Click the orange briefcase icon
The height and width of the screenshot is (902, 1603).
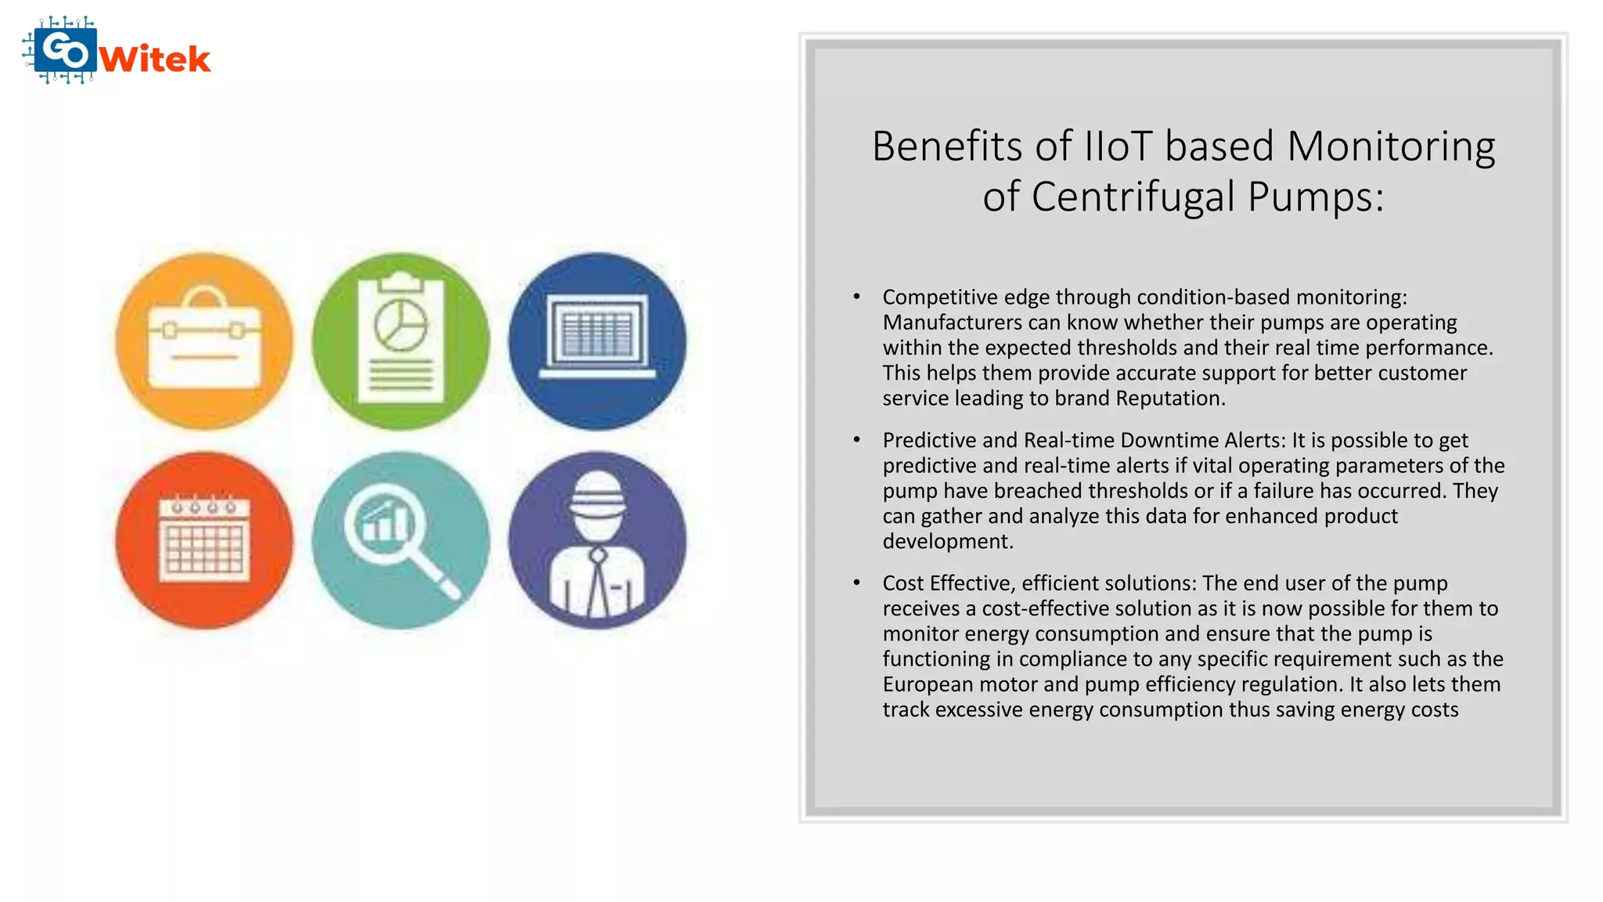tap(204, 341)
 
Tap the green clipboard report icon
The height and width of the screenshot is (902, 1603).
tap(401, 341)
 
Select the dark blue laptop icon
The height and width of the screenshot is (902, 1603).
tap(597, 341)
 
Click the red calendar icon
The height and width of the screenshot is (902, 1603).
tap(204, 540)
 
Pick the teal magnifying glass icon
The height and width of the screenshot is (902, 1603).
tap(401, 540)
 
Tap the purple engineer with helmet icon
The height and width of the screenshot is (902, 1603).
tap(597, 540)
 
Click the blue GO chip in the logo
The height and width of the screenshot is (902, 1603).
tap(66, 51)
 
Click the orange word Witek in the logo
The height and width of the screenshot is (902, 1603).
tap(156, 60)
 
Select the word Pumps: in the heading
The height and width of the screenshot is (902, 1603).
tap(1316, 197)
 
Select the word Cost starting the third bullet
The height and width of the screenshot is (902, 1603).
tap(902, 583)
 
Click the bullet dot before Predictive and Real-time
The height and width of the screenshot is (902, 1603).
tap(857, 440)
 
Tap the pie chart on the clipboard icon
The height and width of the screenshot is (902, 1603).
tap(401, 325)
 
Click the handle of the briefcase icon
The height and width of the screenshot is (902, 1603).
tap(205, 298)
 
